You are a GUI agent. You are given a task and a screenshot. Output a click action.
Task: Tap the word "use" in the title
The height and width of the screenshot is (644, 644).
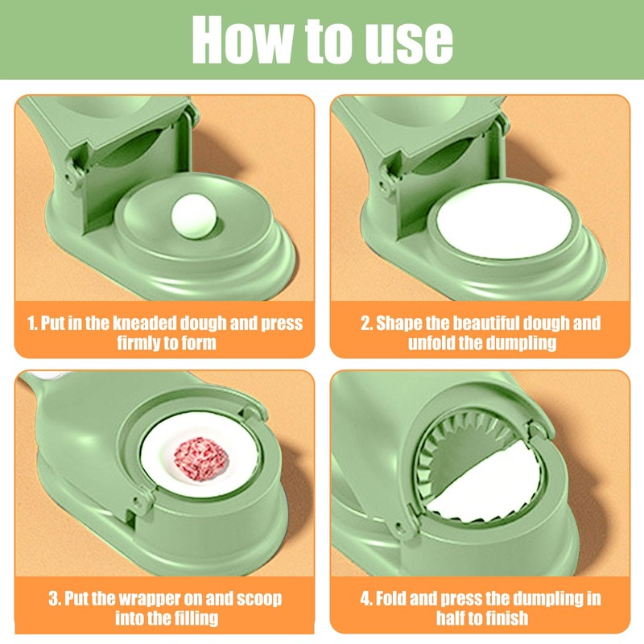pyautogui.click(x=407, y=40)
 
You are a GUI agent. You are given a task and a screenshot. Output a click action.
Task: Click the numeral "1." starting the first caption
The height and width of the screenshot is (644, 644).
pyautogui.click(x=32, y=324)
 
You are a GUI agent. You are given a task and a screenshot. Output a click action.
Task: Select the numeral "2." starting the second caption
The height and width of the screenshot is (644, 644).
pyautogui.click(x=367, y=324)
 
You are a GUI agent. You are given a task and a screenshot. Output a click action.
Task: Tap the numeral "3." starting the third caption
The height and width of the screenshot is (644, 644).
pyautogui.click(x=54, y=600)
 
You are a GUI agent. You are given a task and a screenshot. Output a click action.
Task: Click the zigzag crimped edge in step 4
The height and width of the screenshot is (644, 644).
pyautogui.click(x=440, y=451)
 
